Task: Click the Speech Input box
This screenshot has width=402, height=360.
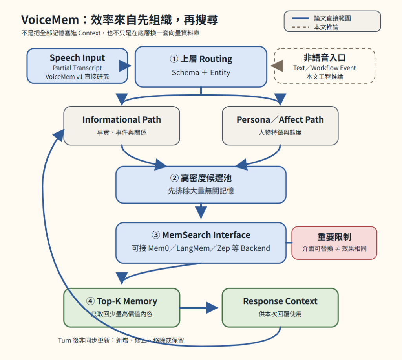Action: (x=77, y=66)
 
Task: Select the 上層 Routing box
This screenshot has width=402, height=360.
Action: (x=201, y=67)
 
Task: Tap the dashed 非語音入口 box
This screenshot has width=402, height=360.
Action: (x=325, y=66)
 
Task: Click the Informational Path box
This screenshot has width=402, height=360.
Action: (x=122, y=126)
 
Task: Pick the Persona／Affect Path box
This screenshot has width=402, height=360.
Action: (x=280, y=126)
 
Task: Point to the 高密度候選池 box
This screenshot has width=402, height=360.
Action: (x=201, y=185)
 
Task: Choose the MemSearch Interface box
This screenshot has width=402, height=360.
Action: (x=201, y=243)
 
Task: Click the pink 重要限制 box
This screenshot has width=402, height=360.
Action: (x=334, y=243)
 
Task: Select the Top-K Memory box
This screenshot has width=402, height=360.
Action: (x=122, y=308)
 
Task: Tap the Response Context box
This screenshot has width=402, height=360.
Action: (x=280, y=308)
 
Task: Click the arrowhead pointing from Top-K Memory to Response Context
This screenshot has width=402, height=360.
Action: (x=212, y=308)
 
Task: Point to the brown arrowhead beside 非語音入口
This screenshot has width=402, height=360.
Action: (x=277, y=66)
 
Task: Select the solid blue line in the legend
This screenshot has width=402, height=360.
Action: (x=300, y=18)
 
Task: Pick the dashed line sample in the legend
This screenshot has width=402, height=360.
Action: (x=300, y=27)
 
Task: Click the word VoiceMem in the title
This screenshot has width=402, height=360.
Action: (x=50, y=20)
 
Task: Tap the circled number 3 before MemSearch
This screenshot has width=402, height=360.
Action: (x=156, y=235)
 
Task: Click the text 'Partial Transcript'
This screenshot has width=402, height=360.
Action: (x=77, y=68)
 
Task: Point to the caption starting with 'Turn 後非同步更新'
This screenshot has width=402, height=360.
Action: (x=121, y=340)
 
